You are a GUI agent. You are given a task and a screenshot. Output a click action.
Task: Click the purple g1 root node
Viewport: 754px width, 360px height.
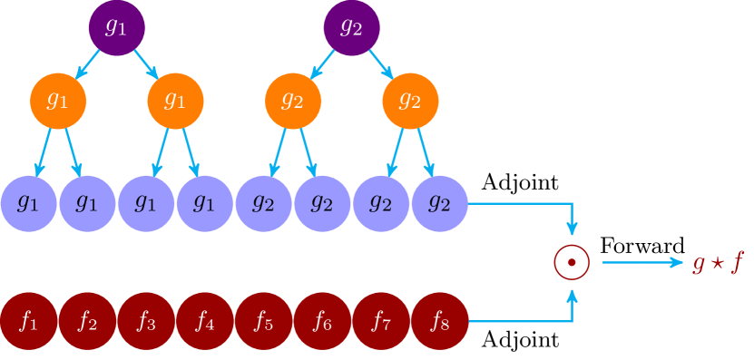tap(116, 27)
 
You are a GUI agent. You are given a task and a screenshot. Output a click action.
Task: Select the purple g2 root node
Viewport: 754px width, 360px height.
tap(351, 27)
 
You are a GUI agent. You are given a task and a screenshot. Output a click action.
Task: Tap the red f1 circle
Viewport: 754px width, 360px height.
tap(29, 321)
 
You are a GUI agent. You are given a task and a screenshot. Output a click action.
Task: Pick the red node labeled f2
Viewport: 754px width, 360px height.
tap(87, 321)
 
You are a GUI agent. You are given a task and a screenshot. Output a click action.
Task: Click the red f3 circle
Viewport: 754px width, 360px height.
tap(146, 321)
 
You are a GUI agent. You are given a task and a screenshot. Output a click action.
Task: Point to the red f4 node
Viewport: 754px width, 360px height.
tap(205, 321)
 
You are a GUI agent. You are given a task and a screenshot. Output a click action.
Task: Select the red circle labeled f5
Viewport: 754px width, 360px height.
tap(263, 321)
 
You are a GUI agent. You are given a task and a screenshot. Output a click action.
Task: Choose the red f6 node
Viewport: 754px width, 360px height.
tap(322, 321)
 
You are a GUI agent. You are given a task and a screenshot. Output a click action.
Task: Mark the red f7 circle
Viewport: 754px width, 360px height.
tap(381, 321)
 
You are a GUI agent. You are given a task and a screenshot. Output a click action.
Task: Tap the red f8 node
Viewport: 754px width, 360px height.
tap(439, 321)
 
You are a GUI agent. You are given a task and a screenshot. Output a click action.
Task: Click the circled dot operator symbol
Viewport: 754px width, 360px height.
tap(572, 263)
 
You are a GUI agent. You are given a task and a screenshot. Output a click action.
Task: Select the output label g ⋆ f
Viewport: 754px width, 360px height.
tap(717, 263)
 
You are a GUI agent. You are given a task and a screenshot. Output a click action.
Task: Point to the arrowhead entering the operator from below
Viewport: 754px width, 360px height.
tap(572, 295)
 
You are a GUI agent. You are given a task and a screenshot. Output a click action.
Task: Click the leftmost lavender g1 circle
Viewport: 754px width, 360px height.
tap(29, 204)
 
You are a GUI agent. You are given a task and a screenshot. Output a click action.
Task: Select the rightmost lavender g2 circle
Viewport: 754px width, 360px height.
tap(439, 204)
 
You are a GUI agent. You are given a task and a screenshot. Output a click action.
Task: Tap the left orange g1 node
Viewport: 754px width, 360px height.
tap(58, 100)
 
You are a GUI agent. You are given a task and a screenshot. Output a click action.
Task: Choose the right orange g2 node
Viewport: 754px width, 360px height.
tap(410, 100)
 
